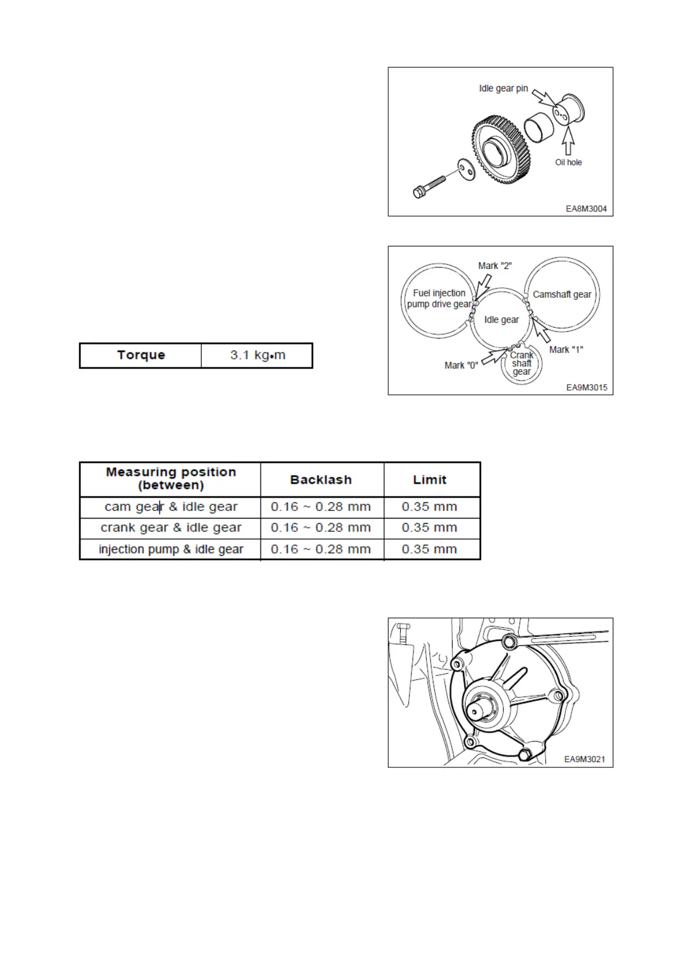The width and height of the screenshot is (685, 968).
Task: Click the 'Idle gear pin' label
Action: click(x=503, y=89)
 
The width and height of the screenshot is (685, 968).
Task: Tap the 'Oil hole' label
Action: click(x=568, y=163)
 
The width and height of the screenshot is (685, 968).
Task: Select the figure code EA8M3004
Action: click(x=586, y=209)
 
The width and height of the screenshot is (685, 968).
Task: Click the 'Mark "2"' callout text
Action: click(x=495, y=266)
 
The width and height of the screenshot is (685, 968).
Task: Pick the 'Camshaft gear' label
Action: click(x=562, y=294)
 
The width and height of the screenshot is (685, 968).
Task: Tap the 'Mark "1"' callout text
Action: click(x=566, y=349)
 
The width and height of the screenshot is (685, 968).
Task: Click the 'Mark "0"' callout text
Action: click(x=461, y=366)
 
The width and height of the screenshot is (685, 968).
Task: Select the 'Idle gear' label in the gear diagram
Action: click(x=502, y=320)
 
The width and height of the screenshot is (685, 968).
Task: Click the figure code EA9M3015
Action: click(x=587, y=387)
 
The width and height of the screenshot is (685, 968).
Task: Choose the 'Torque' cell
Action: click(x=141, y=355)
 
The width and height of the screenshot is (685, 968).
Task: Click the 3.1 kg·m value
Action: click(x=258, y=355)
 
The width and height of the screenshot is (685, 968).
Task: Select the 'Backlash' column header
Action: click(x=321, y=480)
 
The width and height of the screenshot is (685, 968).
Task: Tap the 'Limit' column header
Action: click(x=430, y=480)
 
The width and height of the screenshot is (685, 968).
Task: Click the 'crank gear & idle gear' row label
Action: click(x=171, y=528)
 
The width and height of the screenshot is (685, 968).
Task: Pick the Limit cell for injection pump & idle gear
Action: click(x=430, y=550)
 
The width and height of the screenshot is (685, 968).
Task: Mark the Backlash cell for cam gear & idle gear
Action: click(x=321, y=507)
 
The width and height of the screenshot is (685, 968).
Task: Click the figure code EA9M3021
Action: click(x=584, y=759)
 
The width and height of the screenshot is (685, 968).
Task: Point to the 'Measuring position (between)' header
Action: click(x=171, y=479)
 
